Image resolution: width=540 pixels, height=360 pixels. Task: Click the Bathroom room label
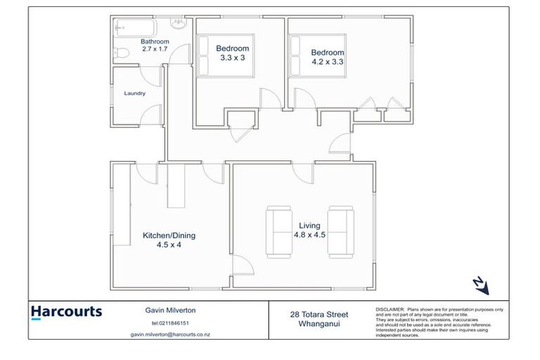tap(155, 42)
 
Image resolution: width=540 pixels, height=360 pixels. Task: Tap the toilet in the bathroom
tap(122, 53)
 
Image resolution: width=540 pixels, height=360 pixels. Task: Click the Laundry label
tap(134, 93)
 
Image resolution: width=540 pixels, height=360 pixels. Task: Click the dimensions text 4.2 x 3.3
tap(328, 61)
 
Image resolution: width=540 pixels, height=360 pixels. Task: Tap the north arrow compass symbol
tap(480, 285)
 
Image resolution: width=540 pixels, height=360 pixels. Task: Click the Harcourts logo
tap(67, 311)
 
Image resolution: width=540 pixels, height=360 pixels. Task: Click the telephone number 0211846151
tap(169, 323)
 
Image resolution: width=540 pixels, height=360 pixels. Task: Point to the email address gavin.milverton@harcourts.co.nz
tap(169, 335)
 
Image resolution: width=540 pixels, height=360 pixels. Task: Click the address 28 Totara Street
tap(319, 314)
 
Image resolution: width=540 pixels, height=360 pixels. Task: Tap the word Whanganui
tap(319, 324)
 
